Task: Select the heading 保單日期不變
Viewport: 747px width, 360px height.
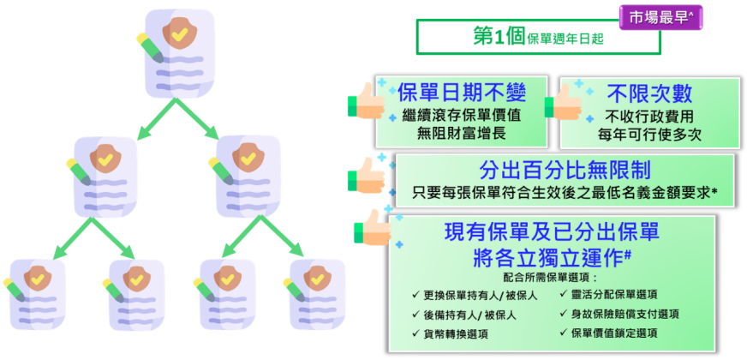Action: tap(462, 93)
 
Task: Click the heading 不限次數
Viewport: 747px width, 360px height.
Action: tap(650, 93)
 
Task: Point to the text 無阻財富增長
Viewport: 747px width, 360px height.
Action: tap(462, 134)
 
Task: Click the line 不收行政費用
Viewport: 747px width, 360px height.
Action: tap(650, 116)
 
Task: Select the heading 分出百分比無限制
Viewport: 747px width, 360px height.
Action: tap(564, 170)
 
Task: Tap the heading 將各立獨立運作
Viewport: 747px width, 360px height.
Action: tap(553, 256)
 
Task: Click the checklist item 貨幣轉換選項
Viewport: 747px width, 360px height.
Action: tap(456, 333)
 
